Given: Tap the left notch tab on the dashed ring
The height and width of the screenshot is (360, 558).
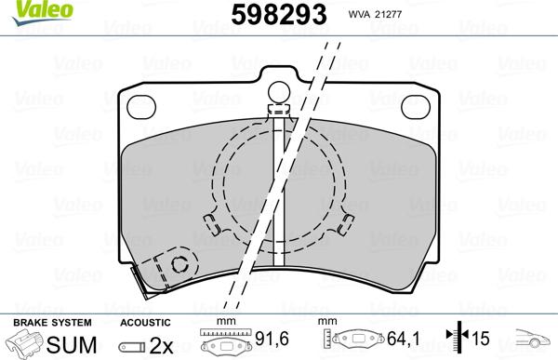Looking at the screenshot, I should [x=210, y=222].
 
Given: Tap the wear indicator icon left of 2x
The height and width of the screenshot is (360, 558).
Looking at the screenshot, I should [x=135, y=343].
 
